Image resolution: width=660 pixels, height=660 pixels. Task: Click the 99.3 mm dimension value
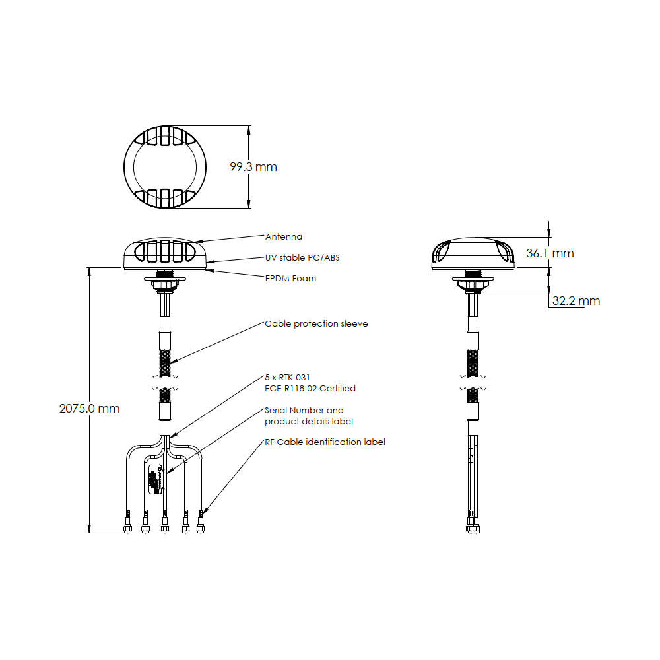pyautogui.click(x=253, y=167)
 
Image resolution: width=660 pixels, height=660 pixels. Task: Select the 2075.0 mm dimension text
pyautogui.click(x=90, y=409)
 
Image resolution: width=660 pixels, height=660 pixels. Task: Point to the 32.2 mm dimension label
pyautogui.click(x=576, y=301)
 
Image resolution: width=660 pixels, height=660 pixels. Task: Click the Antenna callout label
pyautogui.click(x=283, y=236)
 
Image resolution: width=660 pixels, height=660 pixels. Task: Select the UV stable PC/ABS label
pyautogui.click(x=302, y=257)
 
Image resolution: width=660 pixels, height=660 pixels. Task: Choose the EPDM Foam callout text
pyautogui.click(x=290, y=279)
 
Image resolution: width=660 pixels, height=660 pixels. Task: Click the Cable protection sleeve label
pyautogui.click(x=316, y=324)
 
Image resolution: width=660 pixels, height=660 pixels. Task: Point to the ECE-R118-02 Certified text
pyautogui.click(x=310, y=388)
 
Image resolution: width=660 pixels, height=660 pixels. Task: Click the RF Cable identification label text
pyautogui.click(x=325, y=442)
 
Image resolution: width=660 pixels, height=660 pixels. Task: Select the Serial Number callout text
pyautogui.click(x=304, y=410)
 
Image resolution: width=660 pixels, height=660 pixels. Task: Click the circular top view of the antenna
pyautogui.click(x=164, y=166)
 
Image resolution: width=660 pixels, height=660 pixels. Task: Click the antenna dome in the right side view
pyautogui.click(x=472, y=253)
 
